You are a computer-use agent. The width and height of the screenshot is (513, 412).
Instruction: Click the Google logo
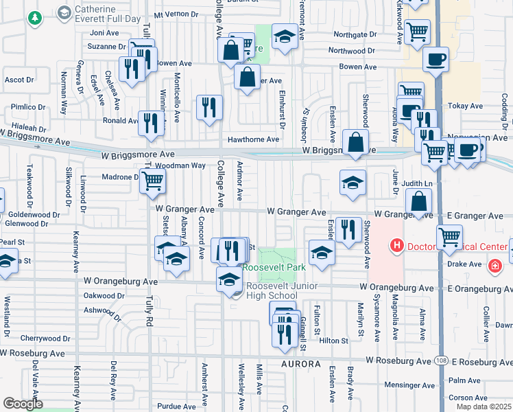click(23, 403)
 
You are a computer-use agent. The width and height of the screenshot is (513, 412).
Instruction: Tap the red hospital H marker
click(396, 245)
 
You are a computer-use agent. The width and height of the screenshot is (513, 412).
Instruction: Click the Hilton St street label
click(334, 340)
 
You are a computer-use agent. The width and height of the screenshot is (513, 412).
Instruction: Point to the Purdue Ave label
click(177, 406)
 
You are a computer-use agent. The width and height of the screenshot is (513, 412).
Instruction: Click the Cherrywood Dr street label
click(41, 338)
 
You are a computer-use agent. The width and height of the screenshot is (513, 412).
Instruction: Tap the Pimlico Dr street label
click(27, 107)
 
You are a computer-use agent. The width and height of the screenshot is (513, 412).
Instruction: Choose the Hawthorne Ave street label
click(253, 139)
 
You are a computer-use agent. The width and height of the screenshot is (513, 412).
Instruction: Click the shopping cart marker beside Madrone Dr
click(154, 182)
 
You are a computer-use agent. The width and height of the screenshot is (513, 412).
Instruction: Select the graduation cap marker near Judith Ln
click(353, 183)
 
